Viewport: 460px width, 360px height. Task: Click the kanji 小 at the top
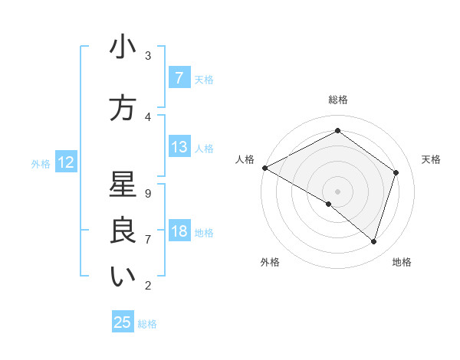click(123, 47)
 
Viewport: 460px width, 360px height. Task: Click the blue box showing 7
click(179, 78)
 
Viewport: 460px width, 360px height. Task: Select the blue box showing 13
click(179, 147)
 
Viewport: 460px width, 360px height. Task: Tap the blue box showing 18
click(179, 231)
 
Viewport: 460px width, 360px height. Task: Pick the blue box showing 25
click(123, 322)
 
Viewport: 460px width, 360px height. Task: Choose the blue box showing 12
click(65, 162)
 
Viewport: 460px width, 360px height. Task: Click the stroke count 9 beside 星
click(147, 193)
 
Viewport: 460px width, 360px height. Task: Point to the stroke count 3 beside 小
click(147, 55)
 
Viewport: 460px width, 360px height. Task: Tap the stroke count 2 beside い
click(147, 286)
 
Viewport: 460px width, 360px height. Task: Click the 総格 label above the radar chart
click(337, 100)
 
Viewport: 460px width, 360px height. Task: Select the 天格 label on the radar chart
click(431, 159)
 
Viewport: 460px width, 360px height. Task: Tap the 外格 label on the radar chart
click(269, 262)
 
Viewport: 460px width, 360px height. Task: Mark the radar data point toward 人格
click(264, 167)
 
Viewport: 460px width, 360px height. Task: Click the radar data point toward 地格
click(373, 241)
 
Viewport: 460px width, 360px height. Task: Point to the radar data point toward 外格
click(329, 204)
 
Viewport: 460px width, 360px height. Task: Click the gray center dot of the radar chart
click(337, 191)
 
